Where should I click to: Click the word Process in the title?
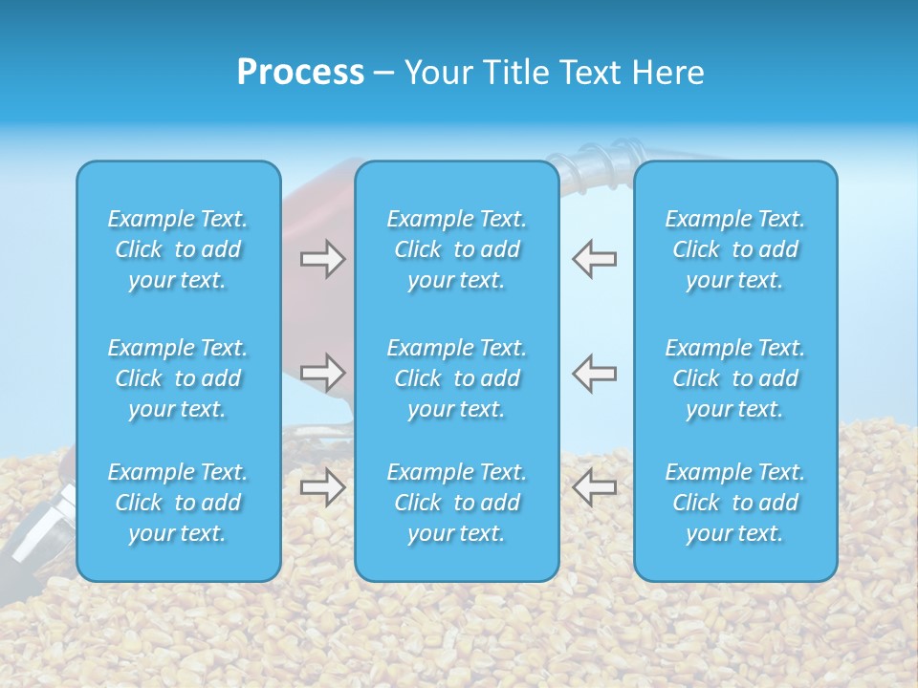300,73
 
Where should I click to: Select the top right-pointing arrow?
322,259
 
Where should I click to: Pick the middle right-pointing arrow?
322,372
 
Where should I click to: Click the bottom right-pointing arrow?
322,487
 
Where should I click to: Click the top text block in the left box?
178,249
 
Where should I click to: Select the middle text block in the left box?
178,378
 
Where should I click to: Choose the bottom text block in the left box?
178,503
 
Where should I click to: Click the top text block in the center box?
457,249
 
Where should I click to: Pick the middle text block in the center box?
457,378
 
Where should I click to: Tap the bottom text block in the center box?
457,503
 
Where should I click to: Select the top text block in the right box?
735,249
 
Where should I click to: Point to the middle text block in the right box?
735,378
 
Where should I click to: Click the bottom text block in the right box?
735,503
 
